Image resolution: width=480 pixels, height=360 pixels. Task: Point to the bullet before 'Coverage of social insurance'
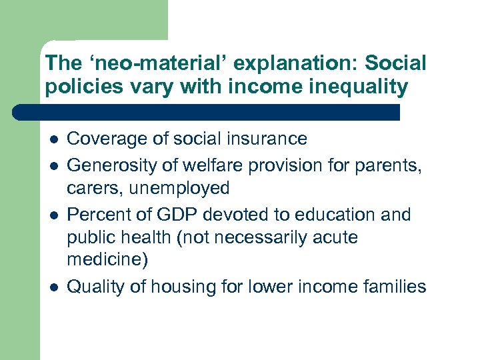[53, 140]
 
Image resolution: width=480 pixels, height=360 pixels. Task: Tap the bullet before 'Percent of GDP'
[53, 216]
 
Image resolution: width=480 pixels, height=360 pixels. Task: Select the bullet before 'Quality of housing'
[53, 288]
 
